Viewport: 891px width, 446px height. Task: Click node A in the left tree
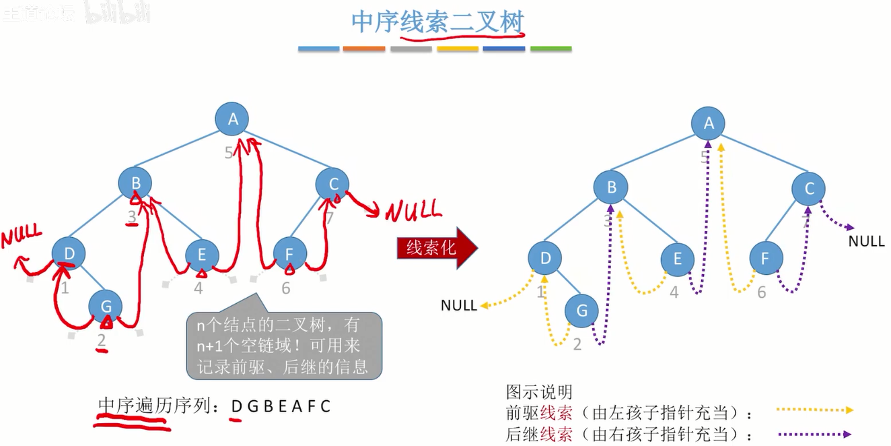[x=232, y=119]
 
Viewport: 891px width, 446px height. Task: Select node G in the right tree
[x=581, y=311]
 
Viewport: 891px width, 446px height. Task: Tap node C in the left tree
[x=332, y=183]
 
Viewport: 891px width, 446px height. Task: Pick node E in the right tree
[x=677, y=259]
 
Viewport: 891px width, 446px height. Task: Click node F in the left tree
[x=290, y=255]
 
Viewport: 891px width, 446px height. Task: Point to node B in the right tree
[x=611, y=188]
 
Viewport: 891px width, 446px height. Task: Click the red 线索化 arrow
[x=437, y=248]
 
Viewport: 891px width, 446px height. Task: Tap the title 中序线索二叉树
[x=437, y=22]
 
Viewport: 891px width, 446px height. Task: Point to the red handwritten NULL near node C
[x=413, y=212]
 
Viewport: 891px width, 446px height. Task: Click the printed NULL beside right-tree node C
[x=866, y=241]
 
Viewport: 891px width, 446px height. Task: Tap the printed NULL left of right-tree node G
[x=459, y=305]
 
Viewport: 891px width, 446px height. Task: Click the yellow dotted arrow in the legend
[x=814, y=410]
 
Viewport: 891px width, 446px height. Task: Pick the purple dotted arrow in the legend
[x=814, y=435]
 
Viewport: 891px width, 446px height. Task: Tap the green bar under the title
[x=550, y=49]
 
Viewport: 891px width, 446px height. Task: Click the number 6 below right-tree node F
[x=761, y=292]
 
